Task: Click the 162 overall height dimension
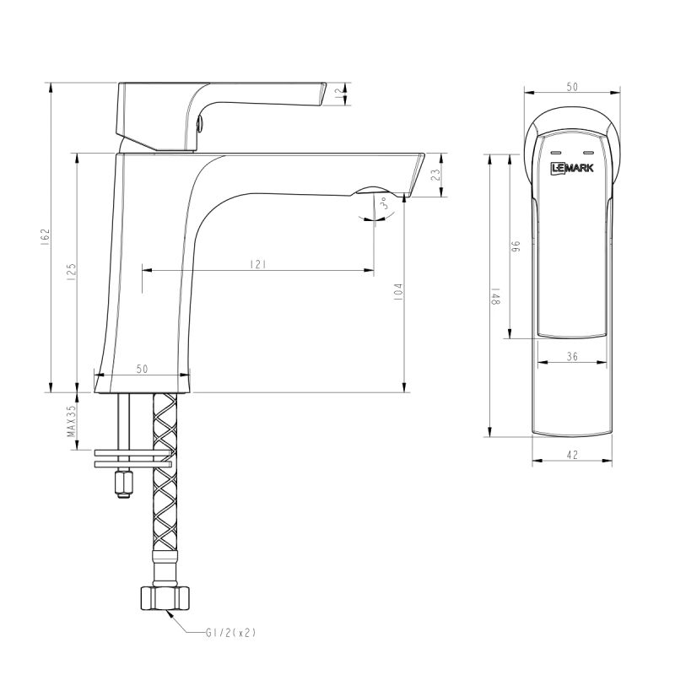point(46,237)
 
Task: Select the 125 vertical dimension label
point(72,271)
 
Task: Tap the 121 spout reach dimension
point(258,265)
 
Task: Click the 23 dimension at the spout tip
point(435,175)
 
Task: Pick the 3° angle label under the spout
point(383,205)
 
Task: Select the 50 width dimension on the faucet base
point(142,369)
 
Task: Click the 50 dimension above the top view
point(571,87)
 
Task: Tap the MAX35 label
point(72,419)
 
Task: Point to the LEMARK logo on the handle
point(571,168)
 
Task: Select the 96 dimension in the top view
point(516,246)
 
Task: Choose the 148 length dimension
point(497,296)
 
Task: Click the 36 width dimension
point(571,357)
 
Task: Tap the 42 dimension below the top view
point(571,455)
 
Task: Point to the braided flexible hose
point(165,489)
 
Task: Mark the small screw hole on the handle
point(201,125)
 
